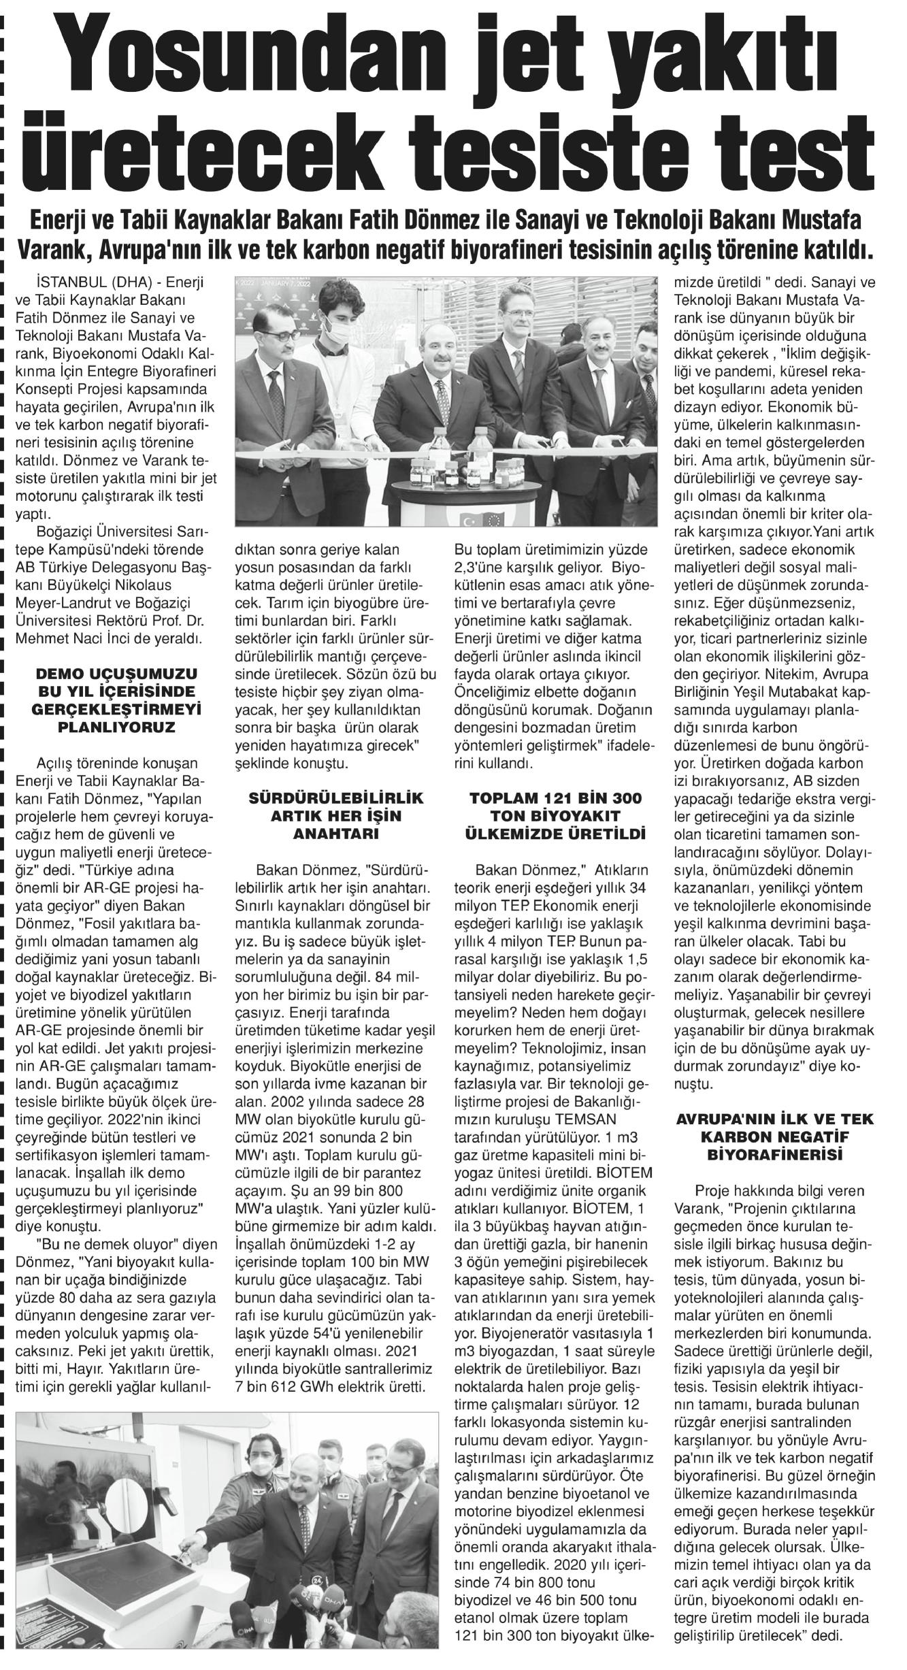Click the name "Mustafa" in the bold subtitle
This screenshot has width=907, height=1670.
point(823,223)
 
